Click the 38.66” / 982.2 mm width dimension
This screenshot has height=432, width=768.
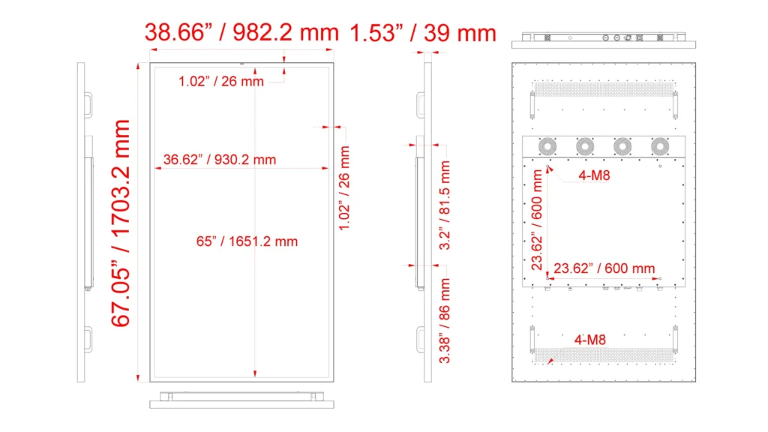tap(241, 33)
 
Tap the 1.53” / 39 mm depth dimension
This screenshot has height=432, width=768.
tap(423, 33)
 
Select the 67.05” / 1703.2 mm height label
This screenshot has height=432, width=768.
tap(121, 223)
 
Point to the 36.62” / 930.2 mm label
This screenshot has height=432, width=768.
tap(220, 160)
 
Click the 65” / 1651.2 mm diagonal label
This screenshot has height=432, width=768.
tap(247, 241)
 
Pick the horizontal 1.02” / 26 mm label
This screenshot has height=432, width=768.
tap(221, 81)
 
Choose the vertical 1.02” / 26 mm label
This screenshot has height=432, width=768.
tap(344, 188)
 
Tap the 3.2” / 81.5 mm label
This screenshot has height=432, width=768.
tap(444, 205)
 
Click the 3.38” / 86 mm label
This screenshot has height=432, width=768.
tap(444, 321)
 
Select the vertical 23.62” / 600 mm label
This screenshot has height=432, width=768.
tap(537, 220)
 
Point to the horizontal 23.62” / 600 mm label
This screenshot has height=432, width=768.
tap(604, 268)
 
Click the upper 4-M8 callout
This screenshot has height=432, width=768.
tap(594, 175)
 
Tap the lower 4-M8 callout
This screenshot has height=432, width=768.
tap(589, 340)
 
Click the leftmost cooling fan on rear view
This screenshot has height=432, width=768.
tap(547, 146)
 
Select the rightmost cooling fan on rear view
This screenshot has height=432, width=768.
tap(660, 146)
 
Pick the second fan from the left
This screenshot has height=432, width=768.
tap(585, 146)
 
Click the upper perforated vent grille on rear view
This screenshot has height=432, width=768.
tap(604, 89)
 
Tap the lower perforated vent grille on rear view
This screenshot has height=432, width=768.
tap(604, 355)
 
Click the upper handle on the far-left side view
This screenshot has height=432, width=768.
tap(88, 105)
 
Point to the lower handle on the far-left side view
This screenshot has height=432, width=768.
tap(88, 340)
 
